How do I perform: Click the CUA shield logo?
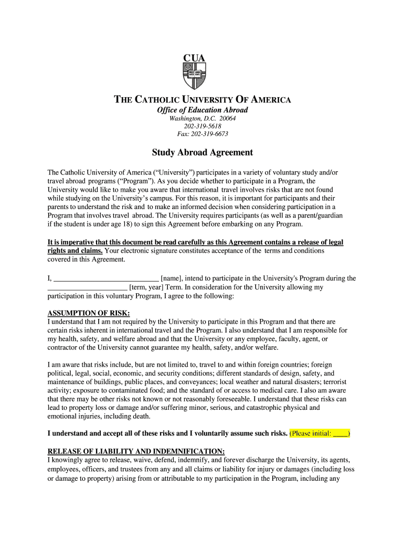coord(194,76)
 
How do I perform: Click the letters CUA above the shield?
coord(194,58)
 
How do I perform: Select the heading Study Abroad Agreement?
coord(202,152)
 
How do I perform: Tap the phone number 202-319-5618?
coord(202,126)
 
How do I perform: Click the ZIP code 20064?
coord(227,119)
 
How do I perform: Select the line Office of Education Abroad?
coord(202,110)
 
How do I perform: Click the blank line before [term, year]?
coord(87,287)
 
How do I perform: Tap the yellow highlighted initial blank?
coord(341,434)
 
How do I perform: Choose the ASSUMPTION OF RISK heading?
coord(88,313)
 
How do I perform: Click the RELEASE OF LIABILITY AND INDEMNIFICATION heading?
coord(136,451)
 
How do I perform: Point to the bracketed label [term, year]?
coord(146,287)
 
